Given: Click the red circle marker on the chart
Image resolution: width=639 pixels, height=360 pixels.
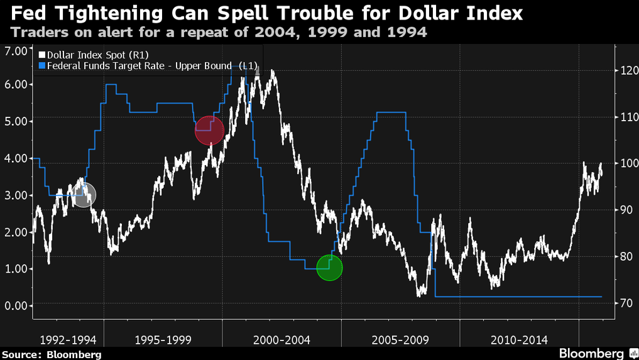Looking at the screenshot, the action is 209,131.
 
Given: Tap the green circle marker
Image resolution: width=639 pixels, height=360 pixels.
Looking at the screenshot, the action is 329,268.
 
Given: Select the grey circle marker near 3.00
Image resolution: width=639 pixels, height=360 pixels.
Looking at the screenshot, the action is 84,195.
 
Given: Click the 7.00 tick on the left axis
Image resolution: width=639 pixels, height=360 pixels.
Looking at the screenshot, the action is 16,52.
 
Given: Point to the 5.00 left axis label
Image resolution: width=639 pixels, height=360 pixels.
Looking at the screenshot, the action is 16,121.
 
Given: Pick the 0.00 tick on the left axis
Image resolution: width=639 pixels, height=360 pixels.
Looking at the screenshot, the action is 16,305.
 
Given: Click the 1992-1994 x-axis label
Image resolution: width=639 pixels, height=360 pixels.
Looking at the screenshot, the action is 68,340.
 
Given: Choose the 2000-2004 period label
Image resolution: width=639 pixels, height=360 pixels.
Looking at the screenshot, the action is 281,340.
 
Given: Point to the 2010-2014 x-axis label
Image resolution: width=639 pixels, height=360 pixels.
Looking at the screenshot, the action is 519,340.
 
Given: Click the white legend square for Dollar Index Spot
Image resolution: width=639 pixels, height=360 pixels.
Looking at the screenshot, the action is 41,55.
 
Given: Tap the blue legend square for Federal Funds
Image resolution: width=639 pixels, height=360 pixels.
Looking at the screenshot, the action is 41,65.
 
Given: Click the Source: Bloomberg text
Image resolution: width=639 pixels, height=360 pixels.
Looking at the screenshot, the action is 52,354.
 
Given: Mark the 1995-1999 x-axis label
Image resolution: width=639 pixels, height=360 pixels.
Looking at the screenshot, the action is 163,340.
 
